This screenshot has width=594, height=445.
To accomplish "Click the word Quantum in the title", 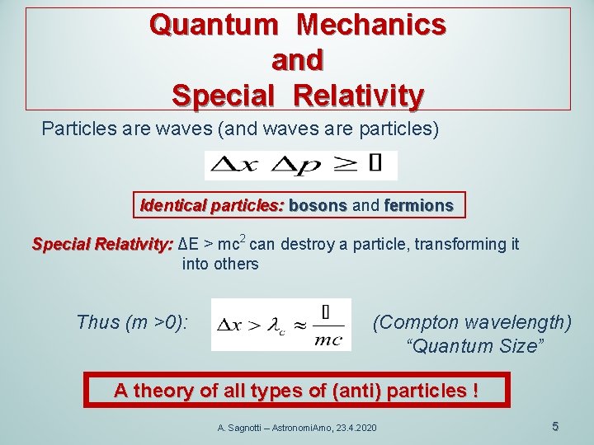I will [x=214, y=25].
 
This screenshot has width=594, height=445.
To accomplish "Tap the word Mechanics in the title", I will [x=371, y=25].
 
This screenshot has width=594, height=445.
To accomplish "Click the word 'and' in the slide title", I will [x=297, y=59].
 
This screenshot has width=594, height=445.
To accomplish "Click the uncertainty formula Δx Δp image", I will [x=300, y=165].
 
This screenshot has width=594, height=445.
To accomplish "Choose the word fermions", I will [x=418, y=205].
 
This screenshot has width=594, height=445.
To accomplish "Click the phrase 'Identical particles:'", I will [x=212, y=205].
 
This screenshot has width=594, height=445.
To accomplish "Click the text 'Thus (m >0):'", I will [x=132, y=322].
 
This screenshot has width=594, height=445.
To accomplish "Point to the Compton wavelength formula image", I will [x=280, y=325].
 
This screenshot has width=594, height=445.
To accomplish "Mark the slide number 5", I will [x=555, y=426].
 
